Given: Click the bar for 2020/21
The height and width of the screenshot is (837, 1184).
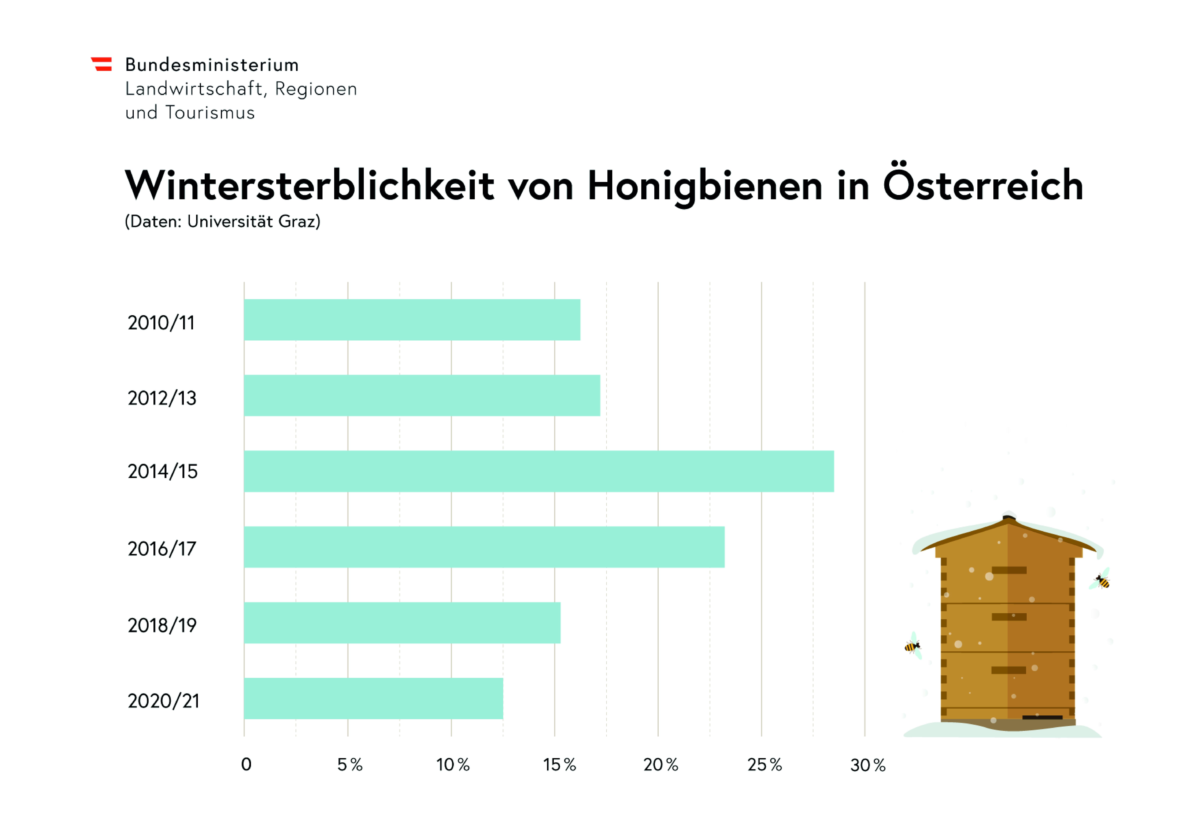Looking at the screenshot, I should click(x=373, y=698).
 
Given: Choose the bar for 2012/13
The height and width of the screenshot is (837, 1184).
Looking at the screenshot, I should click(x=422, y=396).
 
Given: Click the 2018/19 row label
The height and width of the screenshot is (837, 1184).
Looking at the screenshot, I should click(x=162, y=625).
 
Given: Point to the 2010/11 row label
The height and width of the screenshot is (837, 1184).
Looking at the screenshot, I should click(x=161, y=323).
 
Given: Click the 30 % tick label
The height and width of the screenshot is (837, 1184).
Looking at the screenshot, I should click(x=868, y=765).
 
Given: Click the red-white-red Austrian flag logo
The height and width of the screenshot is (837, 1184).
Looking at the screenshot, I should click(x=102, y=64).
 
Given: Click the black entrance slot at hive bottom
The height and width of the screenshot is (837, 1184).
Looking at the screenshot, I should click(x=1042, y=717).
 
